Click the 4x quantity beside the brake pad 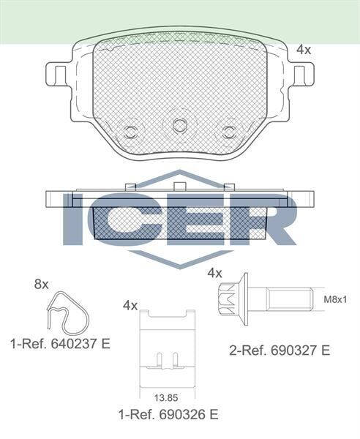click(x=304, y=50)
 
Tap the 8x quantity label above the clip click(x=41, y=284)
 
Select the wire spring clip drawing click(x=67, y=315)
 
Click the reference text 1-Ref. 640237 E click(x=60, y=343)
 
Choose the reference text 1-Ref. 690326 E click(x=168, y=414)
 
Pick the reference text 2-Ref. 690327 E click(x=280, y=350)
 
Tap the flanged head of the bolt click(x=234, y=299)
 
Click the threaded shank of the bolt click(x=289, y=299)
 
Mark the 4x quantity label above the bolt click(x=214, y=273)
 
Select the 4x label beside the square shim click(x=130, y=305)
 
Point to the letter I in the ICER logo click(x=75, y=219)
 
